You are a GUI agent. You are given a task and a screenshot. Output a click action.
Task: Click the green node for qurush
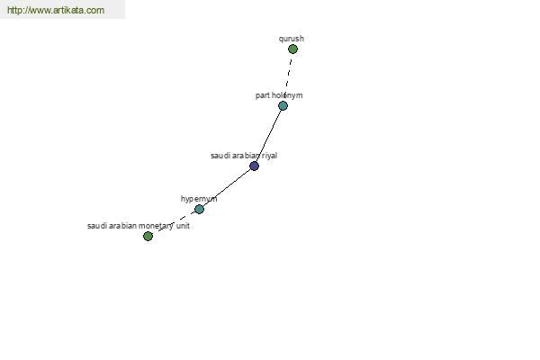(292, 49)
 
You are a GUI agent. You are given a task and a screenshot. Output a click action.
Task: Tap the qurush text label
(292, 39)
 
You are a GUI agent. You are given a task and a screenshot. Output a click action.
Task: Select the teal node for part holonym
(283, 106)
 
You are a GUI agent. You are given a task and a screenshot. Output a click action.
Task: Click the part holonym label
(279, 95)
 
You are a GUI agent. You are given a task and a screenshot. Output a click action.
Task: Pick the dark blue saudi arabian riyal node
(254, 166)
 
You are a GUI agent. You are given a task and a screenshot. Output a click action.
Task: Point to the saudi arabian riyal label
(244, 156)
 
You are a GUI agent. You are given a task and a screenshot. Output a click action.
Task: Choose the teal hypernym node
(199, 209)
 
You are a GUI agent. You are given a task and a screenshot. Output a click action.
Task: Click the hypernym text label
(199, 199)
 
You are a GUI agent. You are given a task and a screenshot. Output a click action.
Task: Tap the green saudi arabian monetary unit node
(148, 237)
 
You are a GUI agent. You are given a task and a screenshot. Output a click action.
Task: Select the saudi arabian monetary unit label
(139, 226)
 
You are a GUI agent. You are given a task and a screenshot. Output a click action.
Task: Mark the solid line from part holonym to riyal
(268, 136)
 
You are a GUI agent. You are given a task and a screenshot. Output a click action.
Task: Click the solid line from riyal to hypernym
(227, 188)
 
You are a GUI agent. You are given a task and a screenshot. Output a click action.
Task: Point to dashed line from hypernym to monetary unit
(174, 223)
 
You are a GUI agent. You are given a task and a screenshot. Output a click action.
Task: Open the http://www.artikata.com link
(56, 10)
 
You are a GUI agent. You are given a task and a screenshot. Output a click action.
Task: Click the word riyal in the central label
(269, 156)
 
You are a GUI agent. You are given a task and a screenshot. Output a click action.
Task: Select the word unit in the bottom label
(183, 226)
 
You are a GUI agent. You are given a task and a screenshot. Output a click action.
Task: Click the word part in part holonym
(262, 95)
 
